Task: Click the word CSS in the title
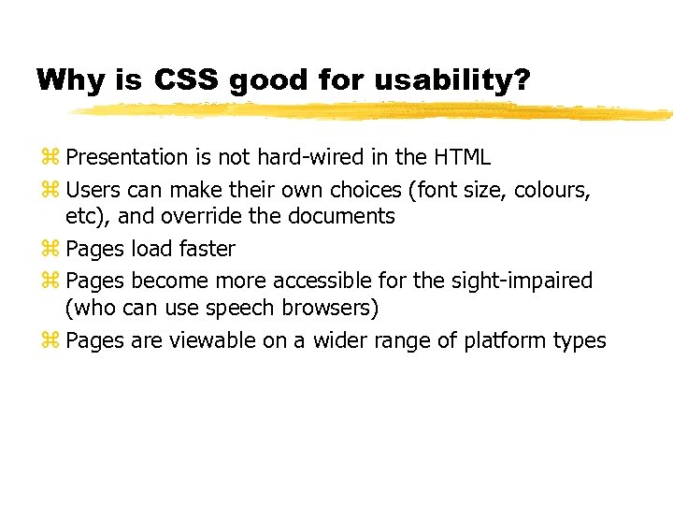coord(185,80)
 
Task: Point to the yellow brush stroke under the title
coord(374,111)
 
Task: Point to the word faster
coord(204,250)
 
